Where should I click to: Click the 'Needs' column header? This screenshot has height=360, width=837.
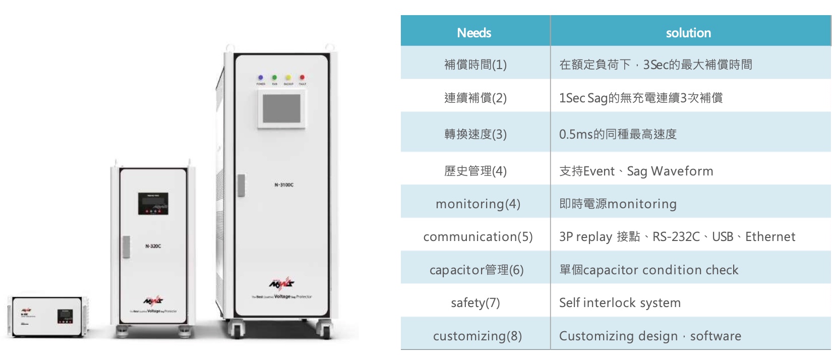[473, 33]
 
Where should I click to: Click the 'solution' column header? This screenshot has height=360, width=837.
[688, 33]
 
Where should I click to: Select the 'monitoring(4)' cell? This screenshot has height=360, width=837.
[477, 204]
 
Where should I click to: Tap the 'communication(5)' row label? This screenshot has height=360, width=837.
[477, 236]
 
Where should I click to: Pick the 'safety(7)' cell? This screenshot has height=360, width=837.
[475, 303]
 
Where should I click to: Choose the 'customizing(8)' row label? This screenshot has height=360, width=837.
[477, 336]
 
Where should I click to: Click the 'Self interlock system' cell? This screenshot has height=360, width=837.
[620, 303]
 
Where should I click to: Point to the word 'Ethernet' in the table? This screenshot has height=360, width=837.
[770, 236]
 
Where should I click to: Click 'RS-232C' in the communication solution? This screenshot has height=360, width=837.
[676, 236]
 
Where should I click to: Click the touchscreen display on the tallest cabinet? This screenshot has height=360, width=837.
[281, 109]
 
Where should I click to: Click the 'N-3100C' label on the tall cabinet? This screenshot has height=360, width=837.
[284, 185]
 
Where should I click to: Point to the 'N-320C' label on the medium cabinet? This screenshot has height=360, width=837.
[153, 246]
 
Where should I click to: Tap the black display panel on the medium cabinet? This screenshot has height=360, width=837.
[153, 203]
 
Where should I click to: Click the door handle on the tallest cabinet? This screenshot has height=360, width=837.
[241, 185]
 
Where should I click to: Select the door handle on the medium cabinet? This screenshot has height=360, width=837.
[126, 247]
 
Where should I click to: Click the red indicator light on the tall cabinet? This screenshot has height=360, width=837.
[302, 78]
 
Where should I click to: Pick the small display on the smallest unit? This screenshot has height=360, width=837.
[65, 316]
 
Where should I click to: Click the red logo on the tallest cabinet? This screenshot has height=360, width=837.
[281, 283]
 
